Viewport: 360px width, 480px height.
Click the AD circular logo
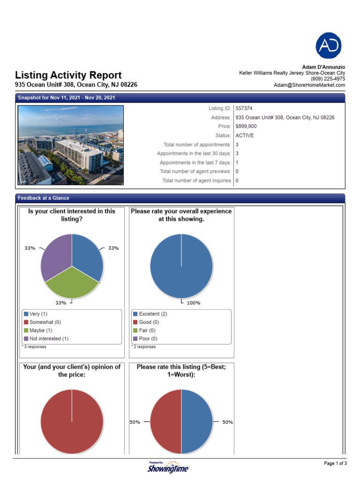(328, 45)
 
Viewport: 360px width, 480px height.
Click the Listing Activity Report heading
(68, 75)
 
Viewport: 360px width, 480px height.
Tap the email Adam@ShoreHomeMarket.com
(309, 85)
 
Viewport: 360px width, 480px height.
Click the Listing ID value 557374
(244, 108)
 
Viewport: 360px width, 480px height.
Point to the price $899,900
(246, 127)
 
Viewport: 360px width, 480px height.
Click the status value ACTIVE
(245, 135)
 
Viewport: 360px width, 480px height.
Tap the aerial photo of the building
(71, 145)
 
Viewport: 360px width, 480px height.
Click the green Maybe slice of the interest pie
(71, 284)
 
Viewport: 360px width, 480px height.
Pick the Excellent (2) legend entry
(150, 314)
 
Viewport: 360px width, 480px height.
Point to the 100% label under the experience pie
(193, 303)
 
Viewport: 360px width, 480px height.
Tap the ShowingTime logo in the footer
(168, 467)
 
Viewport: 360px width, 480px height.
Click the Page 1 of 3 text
(335, 464)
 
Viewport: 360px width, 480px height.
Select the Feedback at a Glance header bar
(180, 198)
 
